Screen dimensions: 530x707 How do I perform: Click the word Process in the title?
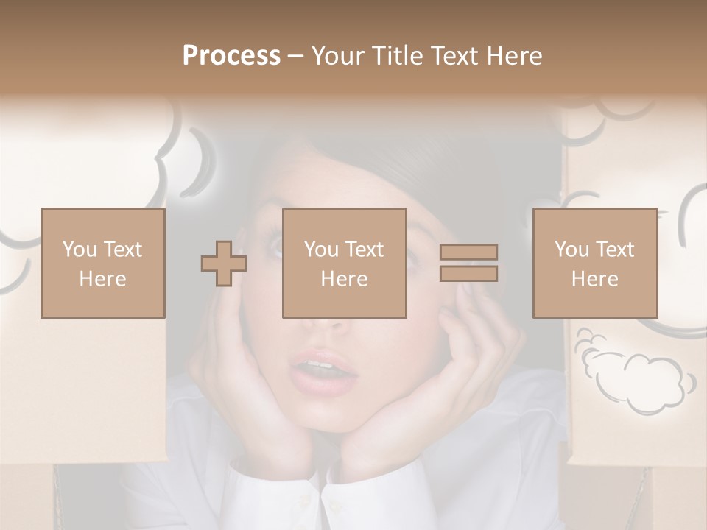tap(231, 56)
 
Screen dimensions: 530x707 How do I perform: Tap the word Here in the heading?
tap(514, 56)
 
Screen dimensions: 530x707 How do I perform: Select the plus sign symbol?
tap(224, 264)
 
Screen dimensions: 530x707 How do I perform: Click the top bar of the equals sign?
tap(468, 252)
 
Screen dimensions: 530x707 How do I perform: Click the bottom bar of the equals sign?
tap(468, 274)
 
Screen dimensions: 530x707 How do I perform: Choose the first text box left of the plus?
tap(102, 263)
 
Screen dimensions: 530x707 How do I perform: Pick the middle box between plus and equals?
tap(344, 263)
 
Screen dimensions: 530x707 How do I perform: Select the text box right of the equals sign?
tap(594, 263)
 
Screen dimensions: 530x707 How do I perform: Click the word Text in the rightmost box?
tap(616, 250)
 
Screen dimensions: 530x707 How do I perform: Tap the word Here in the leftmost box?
tap(102, 279)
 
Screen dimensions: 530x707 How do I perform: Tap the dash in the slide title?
tap(295, 56)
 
